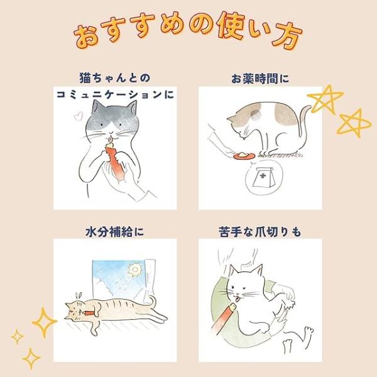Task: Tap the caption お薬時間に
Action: pos(260,79)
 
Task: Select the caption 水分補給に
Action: pos(115,232)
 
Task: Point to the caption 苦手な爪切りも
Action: pos(260,232)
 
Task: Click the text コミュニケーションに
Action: pos(115,94)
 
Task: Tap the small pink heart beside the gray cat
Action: pos(79,116)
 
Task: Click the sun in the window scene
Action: pos(134,270)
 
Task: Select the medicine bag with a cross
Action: pos(263,177)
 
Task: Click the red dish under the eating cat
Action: pos(244,156)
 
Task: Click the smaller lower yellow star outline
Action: pos(353,123)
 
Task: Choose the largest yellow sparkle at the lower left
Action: pos(45,322)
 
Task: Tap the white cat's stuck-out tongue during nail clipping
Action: pos(238,300)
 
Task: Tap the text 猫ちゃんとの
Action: pos(115,78)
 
